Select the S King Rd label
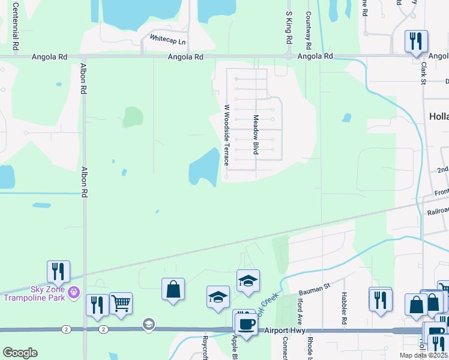289,28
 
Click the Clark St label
423,73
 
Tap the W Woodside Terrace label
227,136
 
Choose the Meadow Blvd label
256,135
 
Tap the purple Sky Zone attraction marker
73,292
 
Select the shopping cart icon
121,303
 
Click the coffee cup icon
245,322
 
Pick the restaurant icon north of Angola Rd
416,41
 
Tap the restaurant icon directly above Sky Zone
59,271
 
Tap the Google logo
20,353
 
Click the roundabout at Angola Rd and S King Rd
289,56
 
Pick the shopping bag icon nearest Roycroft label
173,289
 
